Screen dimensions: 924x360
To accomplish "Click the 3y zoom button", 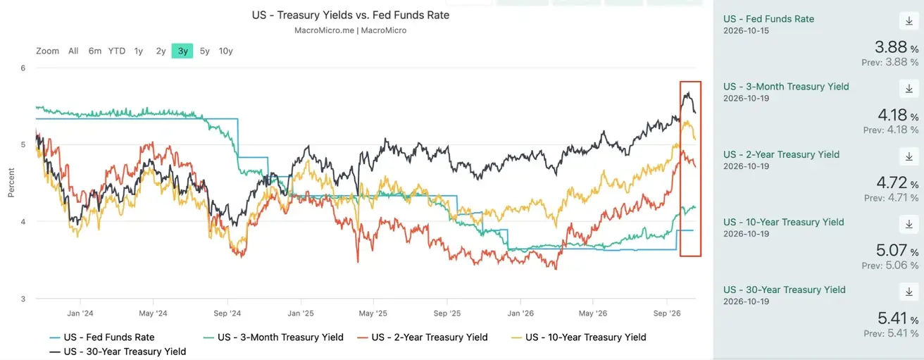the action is pyautogui.click(x=182, y=51).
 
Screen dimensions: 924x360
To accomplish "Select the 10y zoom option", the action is pyautogui.click(x=225, y=51).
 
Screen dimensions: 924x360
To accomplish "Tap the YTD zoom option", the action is pyautogui.click(x=117, y=51).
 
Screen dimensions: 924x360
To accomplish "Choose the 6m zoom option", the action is pyautogui.click(x=95, y=51).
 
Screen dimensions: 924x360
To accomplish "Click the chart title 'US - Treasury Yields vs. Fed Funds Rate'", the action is pyautogui.click(x=351, y=15).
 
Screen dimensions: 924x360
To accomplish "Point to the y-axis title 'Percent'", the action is pyautogui.click(x=11, y=182).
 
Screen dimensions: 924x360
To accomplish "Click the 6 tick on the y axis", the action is pyautogui.click(x=23, y=68).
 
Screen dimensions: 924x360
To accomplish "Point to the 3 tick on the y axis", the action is pyautogui.click(x=23, y=299).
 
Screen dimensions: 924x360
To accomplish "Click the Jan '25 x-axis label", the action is pyautogui.click(x=301, y=314).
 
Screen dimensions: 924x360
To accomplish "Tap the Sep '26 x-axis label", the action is pyautogui.click(x=667, y=314).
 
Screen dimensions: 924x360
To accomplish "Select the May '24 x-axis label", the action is pyautogui.click(x=153, y=314).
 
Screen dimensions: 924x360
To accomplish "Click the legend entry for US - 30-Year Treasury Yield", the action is pyautogui.click(x=118, y=352).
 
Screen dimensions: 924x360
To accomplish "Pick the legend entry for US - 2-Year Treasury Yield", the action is pyautogui.click(x=423, y=337).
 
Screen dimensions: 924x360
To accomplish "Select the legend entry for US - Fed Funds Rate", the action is pyautogui.click(x=102, y=337).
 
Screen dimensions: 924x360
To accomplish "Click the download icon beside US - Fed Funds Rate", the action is pyautogui.click(x=909, y=21).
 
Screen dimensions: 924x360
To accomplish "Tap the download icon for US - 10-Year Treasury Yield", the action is pyautogui.click(x=909, y=224).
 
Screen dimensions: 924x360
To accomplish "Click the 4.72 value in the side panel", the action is pyautogui.click(x=892, y=182).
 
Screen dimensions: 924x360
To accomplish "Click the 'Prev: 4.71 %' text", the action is pyautogui.click(x=891, y=198).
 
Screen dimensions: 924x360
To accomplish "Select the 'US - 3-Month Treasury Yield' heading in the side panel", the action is pyautogui.click(x=786, y=87).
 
